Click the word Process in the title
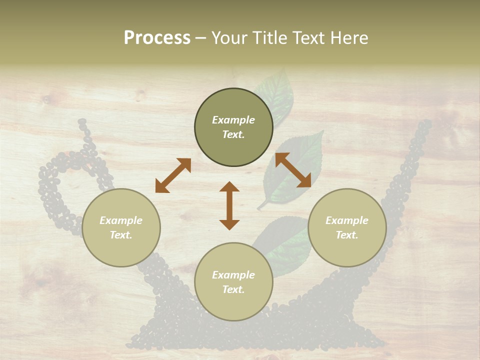click(x=157, y=38)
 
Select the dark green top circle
click(x=233, y=127)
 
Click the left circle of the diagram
click(x=121, y=227)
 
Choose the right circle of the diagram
click(x=347, y=227)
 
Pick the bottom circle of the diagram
click(x=233, y=281)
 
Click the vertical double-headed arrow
click(x=229, y=205)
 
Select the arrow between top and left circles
click(x=173, y=175)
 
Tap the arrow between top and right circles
click(x=293, y=170)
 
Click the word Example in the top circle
click(x=233, y=120)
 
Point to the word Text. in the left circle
click(x=121, y=235)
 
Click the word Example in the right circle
click(x=347, y=220)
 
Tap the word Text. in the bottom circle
click(x=233, y=289)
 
